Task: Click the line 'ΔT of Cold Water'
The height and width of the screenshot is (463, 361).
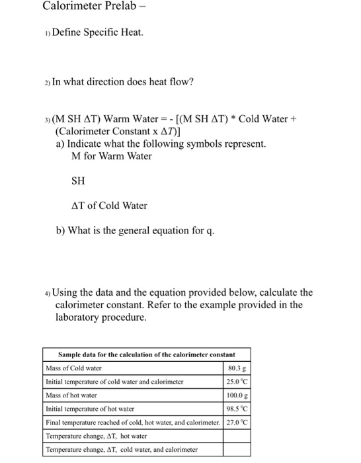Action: (109, 206)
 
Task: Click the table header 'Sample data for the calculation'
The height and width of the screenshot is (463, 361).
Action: (146, 355)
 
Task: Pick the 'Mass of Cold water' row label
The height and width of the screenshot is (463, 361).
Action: (74, 368)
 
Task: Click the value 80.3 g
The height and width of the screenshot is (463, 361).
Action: (236, 368)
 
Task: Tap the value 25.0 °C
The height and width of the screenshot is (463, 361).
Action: (236, 382)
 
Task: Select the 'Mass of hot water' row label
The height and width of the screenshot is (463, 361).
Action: (71, 395)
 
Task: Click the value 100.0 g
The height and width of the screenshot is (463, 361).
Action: (236, 395)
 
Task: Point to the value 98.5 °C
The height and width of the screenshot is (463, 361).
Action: (236, 409)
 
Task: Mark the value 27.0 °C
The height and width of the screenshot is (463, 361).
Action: (236, 422)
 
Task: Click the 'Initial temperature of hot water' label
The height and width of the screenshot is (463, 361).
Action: (90, 409)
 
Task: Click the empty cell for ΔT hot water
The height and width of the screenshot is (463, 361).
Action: (236, 436)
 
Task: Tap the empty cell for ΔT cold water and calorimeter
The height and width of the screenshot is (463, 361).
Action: (236, 450)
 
